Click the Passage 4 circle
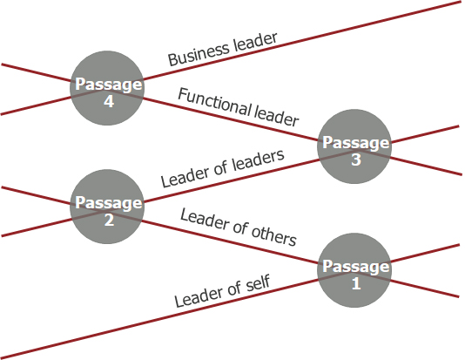(x=107, y=88)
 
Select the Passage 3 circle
(x=354, y=146)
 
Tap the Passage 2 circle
(x=107, y=207)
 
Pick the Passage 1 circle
(x=354, y=270)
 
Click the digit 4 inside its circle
(x=109, y=101)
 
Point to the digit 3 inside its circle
(x=356, y=160)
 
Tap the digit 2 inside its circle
(x=109, y=220)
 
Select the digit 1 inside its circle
(x=356, y=283)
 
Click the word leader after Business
(x=255, y=41)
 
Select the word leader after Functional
(x=276, y=116)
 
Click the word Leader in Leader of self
(x=199, y=295)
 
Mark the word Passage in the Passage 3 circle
(x=355, y=143)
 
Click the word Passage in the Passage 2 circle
(x=108, y=204)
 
